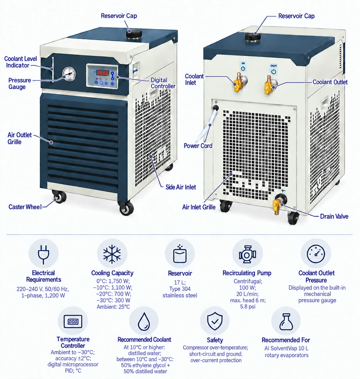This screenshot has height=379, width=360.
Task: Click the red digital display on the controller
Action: tap(102, 73)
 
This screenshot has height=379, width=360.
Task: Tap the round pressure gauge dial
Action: tap(69, 74)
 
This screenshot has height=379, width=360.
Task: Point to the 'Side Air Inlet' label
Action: tap(181, 187)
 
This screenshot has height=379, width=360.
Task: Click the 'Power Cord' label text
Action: tap(198, 146)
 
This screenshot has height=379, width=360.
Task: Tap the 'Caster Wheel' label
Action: tap(25, 207)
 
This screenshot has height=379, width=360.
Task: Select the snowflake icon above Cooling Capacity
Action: tap(112, 254)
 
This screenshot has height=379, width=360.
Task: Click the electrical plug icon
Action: tap(44, 254)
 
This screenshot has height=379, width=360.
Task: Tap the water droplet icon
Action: tap(144, 321)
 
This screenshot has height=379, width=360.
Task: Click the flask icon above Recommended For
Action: tap(286, 322)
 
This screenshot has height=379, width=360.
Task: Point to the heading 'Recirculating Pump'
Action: tap(247, 273)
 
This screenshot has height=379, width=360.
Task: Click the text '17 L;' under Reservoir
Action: tap(180, 282)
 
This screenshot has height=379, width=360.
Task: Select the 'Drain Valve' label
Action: tap(334, 216)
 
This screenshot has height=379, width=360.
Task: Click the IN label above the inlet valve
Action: tap(243, 63)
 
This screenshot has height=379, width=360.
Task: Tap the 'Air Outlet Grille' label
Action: tap(19, 139)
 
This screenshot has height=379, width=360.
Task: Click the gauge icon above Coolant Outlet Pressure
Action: tap(316, 254)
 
